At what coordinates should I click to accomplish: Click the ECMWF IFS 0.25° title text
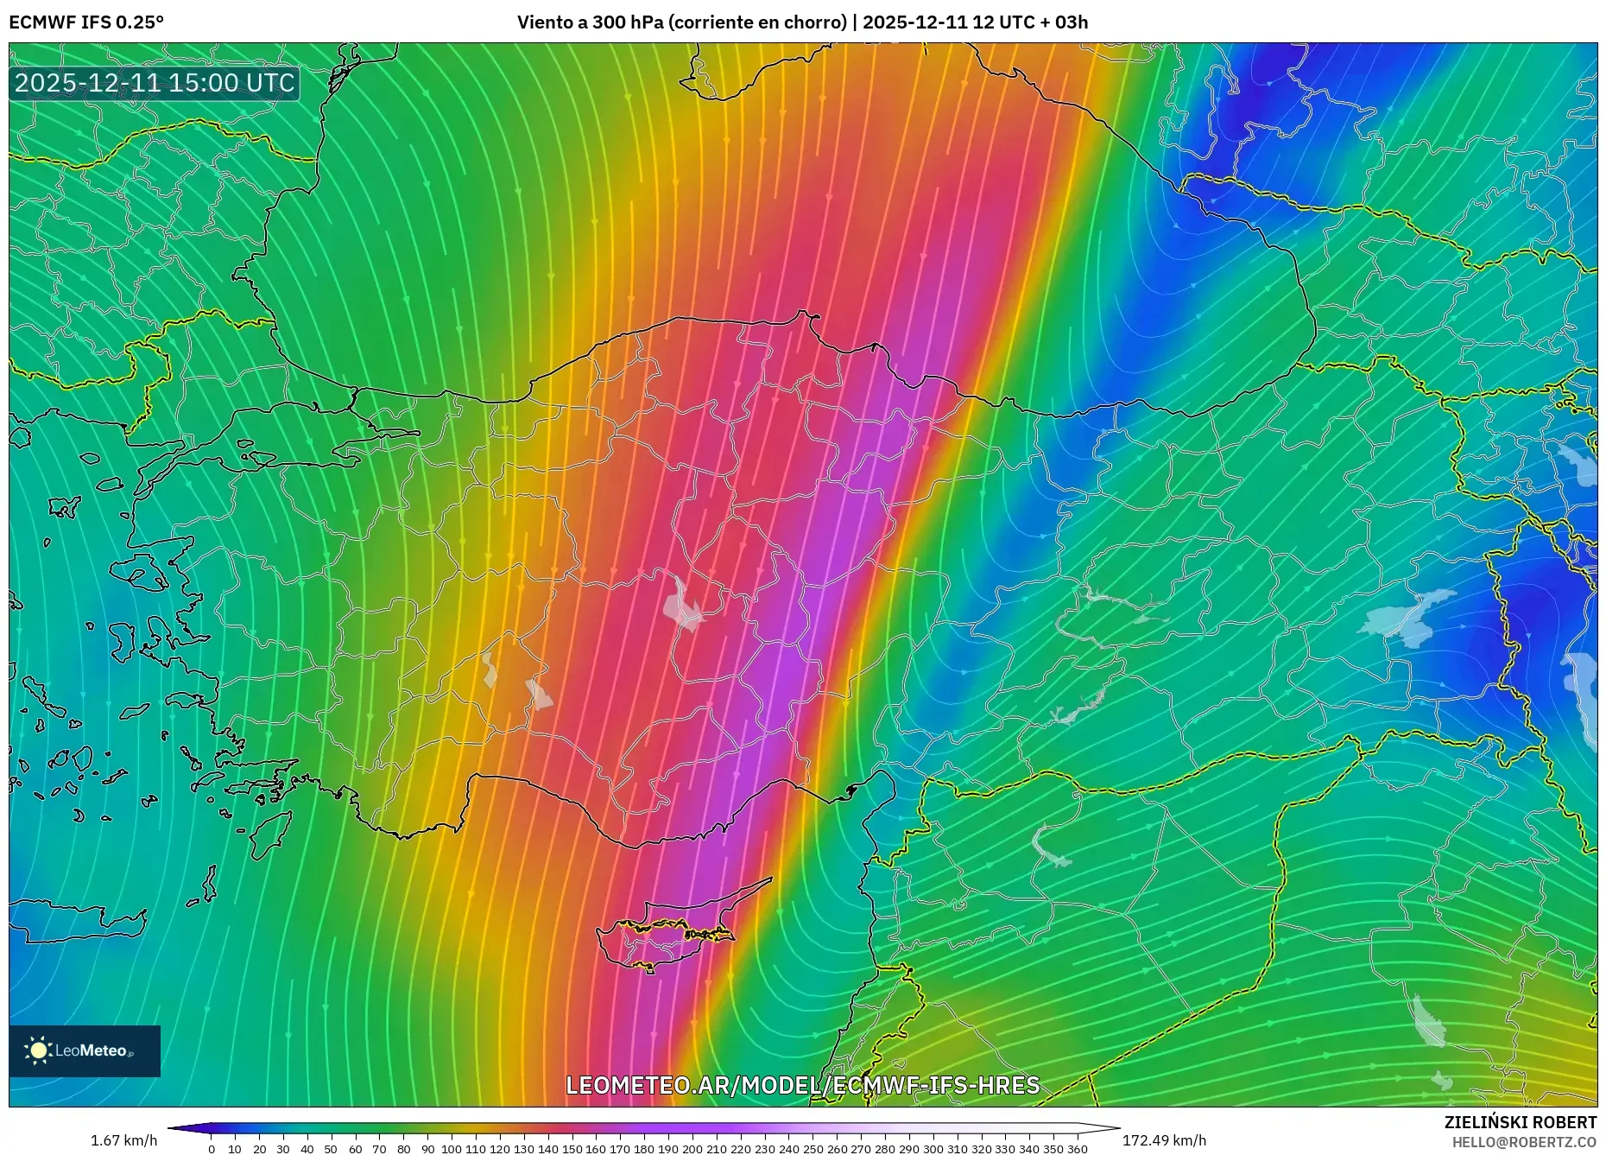[86, 22]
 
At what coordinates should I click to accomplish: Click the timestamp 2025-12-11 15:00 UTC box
[155, 83]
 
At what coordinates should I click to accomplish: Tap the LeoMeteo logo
[85, 1050]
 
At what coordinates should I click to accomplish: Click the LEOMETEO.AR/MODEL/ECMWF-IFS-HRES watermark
[802, 1085]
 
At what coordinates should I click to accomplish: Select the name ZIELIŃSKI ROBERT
[1520, 1122]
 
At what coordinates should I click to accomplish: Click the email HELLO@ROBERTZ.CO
[1524, 1142]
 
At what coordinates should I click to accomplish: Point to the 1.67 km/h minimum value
[123, 1140]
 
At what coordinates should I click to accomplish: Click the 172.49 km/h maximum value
[1164, 1140]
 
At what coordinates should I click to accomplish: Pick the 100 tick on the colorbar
[452, 1149]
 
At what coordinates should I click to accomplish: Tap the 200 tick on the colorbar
[692, 1149]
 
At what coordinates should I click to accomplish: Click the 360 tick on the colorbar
[1077, 1149]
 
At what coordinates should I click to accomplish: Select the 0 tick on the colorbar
[212, 1149]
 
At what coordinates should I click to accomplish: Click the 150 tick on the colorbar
[572, 1149]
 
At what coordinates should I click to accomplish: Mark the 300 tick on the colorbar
[933, 1149]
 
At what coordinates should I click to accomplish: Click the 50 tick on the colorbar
[331, 1149]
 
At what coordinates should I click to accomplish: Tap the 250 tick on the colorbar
[812, 1149]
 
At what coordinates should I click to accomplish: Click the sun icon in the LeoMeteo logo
[38, 1050]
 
